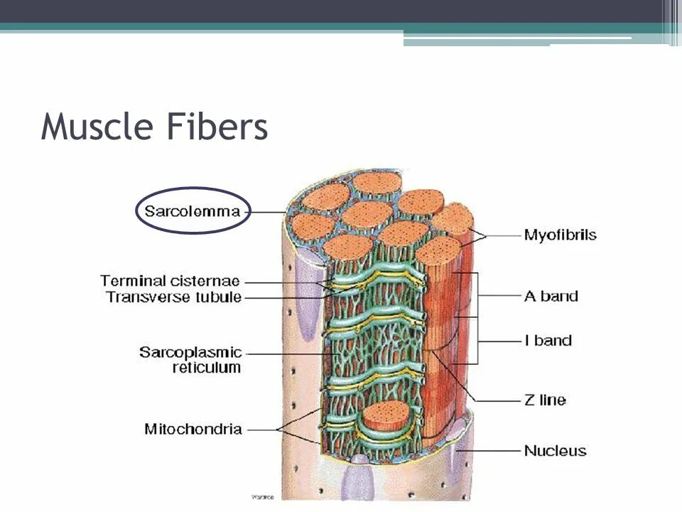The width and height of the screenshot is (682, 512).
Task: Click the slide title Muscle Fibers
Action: pyautogui.click(x=154, y=128)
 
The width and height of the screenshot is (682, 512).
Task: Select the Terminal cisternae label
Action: pyautogui.click(x=170, y=281)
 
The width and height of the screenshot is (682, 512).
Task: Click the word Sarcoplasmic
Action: pyautogui.click(x=190, y=353)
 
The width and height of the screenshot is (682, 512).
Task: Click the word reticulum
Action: pyautogui.click(x=207, y=368)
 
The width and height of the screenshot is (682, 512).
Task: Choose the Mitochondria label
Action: pyautogui.click(x=193, y=429)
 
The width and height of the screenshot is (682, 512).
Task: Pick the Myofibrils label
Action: pyautogui.click(x=560, y=235)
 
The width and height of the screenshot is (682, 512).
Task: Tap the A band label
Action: pyautogui.click(x=551, y=296)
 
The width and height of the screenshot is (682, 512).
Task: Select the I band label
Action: pyautogui.click(x=548, y=341)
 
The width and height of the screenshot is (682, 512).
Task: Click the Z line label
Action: pyautogui.click(x=545, y=400)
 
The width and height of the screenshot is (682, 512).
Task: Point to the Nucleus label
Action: pyautogui.click(x=555, y=450)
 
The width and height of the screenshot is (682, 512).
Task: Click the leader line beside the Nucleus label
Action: pyautogui.click(x=490, y=450)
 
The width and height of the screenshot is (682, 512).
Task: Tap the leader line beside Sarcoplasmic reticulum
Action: pyautogui.click(x=284, y=353)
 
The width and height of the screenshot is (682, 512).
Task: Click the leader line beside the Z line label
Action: pyautogui.click(x=497, y=400)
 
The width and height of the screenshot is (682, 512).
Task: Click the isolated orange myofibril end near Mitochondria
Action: pyautogui.click(x=387, y=415)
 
